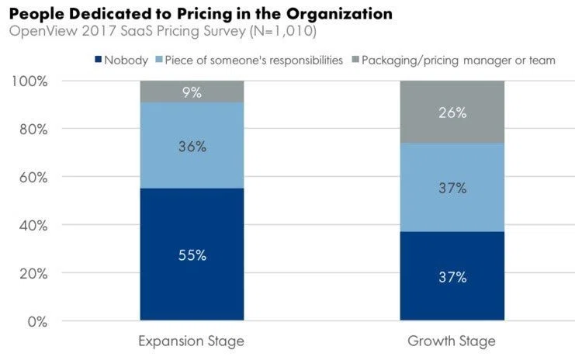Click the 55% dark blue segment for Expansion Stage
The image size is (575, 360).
(x=192, y=254)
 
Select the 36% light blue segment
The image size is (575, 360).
(x=192, y=145)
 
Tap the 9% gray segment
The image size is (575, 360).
(x=192, y=92)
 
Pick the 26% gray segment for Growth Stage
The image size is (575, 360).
(x=452, y=112)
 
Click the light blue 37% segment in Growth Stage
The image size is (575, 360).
(x=452, y=187)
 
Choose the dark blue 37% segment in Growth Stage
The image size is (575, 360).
(x=452, y=276)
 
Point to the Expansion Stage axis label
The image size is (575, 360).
(x=191, y=341)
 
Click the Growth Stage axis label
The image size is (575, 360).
(x=452, y=341)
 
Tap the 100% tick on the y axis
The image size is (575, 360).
(x=29, y=81)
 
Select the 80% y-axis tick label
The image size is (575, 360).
(x=33, y=130)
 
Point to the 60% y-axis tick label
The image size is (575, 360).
(x=33, y=178)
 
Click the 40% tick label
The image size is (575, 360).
(x=33, y=226)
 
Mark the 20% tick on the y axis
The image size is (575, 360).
(x=33, y=274)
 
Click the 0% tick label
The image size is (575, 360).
(x=37, y=322)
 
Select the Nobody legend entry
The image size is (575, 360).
(x=121, y=60)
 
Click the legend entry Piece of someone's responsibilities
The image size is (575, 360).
(x=249, y=60)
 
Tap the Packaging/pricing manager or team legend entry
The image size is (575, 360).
(x=454, y=60)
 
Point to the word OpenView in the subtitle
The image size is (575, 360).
(x=43, y=31)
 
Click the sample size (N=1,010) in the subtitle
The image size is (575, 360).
(x=282, y=31)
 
